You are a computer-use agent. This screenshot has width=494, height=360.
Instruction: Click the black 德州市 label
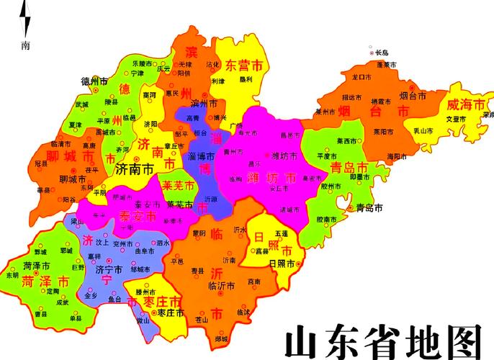click(x=95, y=81)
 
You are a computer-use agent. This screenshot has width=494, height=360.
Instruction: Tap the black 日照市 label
click(x=282, y=264)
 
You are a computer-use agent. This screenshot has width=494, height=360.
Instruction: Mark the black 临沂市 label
click(x=223, y=286)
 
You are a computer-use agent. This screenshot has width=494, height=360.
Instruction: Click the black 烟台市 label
click(x=413, y=95)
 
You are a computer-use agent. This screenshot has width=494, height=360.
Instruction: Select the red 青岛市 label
click(x=349, y=168)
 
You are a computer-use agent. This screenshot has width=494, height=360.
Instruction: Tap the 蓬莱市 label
click(x=387, y=64)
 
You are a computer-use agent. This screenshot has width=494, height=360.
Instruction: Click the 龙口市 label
click(x=360, y=76)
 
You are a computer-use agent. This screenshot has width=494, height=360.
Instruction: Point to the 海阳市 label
click(x=396, y=156)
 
